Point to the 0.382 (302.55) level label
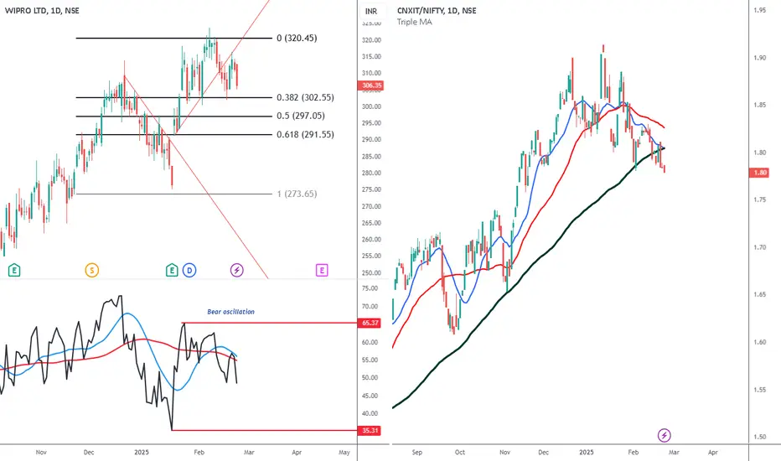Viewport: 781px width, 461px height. coord(305,98)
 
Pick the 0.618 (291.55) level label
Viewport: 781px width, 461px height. coord(305,134)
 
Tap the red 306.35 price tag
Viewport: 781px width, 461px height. coord(372,85)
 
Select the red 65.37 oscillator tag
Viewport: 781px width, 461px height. coord(371,323)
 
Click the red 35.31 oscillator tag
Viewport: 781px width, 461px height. coord(371,430)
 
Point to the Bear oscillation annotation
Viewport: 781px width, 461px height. coord(231,312)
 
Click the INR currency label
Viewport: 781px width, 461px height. coord(372,11)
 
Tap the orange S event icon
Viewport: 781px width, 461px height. coord(91,270)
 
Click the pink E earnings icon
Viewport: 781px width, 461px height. coord(321,270)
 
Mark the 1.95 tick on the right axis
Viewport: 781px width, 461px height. coord(760,11)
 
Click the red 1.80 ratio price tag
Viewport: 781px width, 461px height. coord(760,173)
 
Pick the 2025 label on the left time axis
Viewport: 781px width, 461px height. coord(142,452)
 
